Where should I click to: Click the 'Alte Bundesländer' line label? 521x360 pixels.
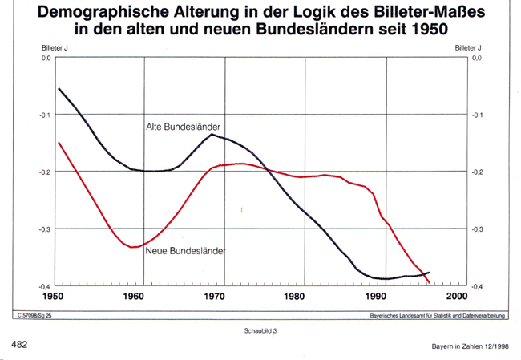click(183, 127)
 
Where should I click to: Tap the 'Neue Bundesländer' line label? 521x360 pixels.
click(185, 251)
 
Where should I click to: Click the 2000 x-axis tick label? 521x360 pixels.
click(458, 296)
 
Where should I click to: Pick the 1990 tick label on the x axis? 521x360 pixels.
click(377, 296)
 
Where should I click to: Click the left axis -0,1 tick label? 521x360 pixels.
click(45, 115)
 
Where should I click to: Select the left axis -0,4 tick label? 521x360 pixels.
click(45, 286)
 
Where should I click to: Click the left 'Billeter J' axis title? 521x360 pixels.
click(54, 48)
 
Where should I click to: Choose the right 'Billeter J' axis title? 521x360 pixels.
click(467, 48)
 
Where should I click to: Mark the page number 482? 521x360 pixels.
click(21, 343)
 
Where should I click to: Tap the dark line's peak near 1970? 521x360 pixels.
click(213, 134)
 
